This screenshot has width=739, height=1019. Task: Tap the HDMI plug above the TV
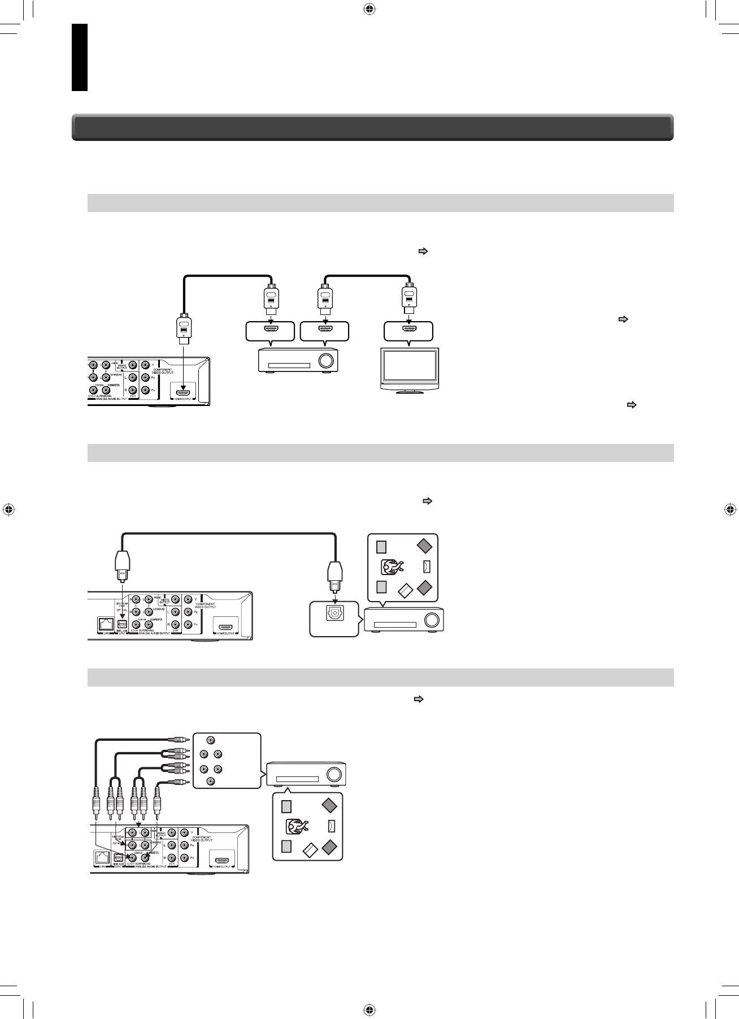(x=408, y=299)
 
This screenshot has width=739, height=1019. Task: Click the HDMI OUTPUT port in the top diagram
(x=182, y=391)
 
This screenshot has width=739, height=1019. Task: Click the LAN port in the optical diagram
(x=106, y=624)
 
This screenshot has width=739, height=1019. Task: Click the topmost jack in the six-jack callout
(x=211, y=740)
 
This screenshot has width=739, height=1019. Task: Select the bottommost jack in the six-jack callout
(x=211, y=781)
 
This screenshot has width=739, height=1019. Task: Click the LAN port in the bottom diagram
(x=101, y=857)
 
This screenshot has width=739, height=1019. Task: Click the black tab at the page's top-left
(x=80, y=57)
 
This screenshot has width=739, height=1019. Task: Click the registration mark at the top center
(x=369, y=8)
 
